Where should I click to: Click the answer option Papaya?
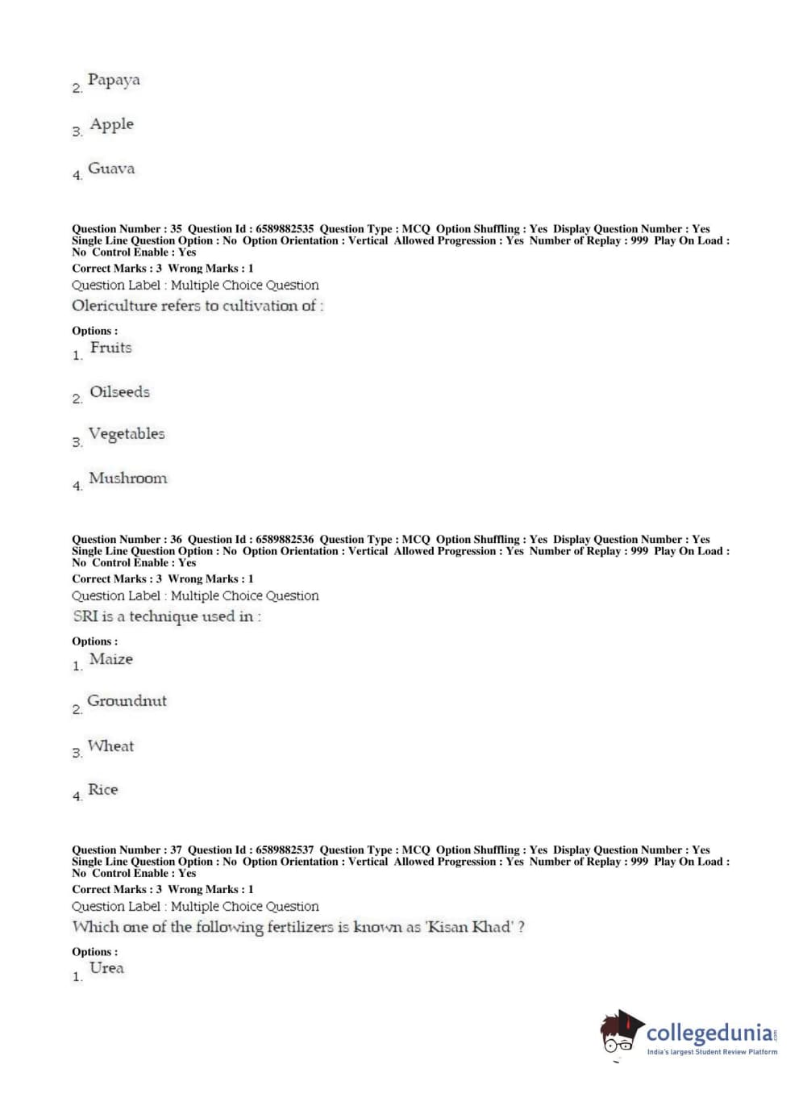coord(114,80)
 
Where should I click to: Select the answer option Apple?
coord(111,124)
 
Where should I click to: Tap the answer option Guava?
coord(111,169)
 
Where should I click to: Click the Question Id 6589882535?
coord(285,229)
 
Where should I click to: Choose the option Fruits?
coord(110,348)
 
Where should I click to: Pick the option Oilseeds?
coord(119,392)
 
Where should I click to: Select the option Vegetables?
coord(127,434)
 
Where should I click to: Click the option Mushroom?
coord(127,478)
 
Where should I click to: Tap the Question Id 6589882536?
coord(285,540)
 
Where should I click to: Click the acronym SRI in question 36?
coord(85,616)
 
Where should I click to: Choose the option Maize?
coord(111,659)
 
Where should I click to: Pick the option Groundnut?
coord(127,701)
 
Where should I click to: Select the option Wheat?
coord(110,746)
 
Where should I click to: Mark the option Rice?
coord(102,790)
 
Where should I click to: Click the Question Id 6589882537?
coord(285,850)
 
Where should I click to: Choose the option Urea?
coord(106,968)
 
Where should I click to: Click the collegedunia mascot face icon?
coord(620,1033)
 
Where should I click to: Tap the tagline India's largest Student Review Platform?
coord(712,1052)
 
